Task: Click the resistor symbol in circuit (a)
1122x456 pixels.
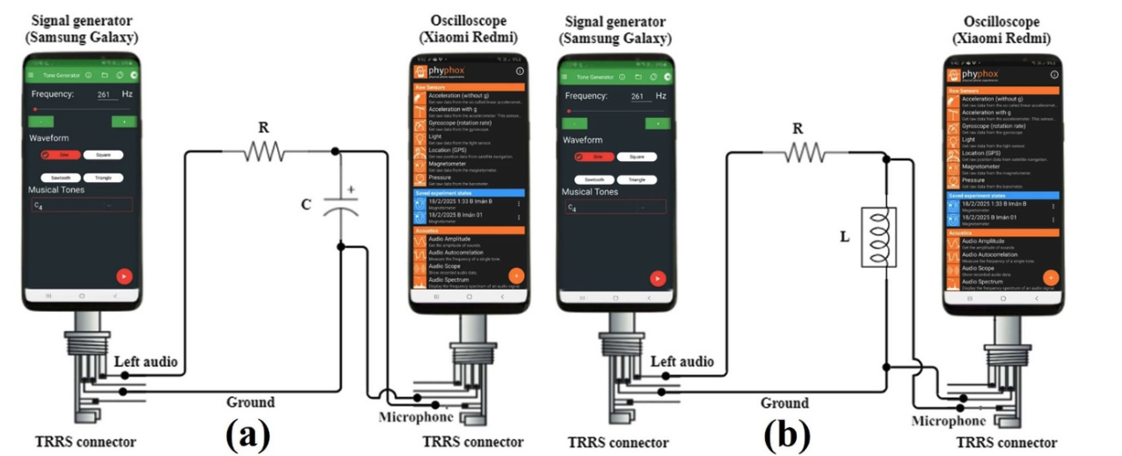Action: click(x=265, y=152)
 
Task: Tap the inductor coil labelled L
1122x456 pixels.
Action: click(x=878, y=236)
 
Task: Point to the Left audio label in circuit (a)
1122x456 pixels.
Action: click(x=146, y=361)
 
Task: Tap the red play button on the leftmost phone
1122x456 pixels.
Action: click(x=124, y=276)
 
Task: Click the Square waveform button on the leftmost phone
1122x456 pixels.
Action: click(x=103, y=155)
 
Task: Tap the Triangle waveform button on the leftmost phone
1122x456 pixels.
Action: click(x=103, y=178)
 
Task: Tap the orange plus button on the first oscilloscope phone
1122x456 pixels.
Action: click(x=517, y=275)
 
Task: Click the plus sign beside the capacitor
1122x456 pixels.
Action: click(x=353, y=189)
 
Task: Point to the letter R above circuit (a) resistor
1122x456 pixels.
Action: click(x=263, y=127)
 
